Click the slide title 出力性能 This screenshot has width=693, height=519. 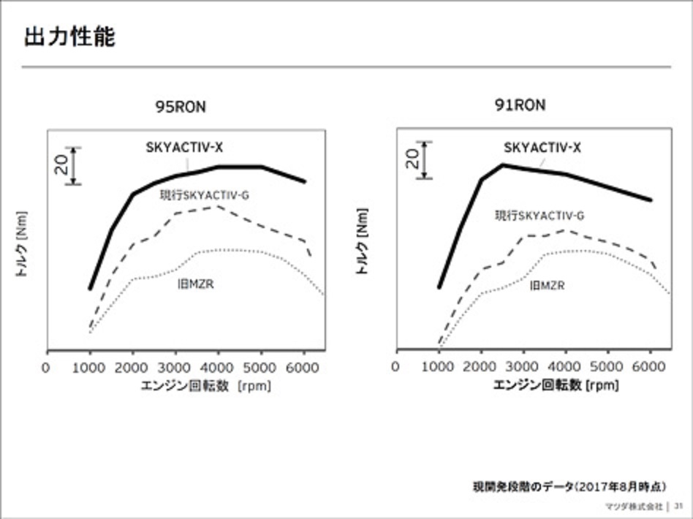tap(69, 37)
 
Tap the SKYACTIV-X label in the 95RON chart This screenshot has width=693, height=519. tap(183, 147)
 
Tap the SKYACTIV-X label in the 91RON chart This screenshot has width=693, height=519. tap(542, 148)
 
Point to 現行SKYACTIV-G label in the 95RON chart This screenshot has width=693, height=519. tap(205, 195)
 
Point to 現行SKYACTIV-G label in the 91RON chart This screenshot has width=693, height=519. tap(539, 215)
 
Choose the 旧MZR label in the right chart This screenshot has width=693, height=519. tap(547, 286)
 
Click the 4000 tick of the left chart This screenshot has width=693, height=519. tap(218, 367)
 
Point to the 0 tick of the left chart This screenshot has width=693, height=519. tap(47, 367)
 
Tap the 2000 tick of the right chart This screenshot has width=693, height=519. tap(480, 366)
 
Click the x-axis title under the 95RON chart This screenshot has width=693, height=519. tap(205, 385)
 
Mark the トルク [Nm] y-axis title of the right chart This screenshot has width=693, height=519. tap(363, 240)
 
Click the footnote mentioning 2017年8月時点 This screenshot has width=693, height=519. tap(571, 486)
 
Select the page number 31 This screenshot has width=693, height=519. tap(678, 505)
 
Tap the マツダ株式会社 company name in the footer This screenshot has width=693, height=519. tap(633, 505)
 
